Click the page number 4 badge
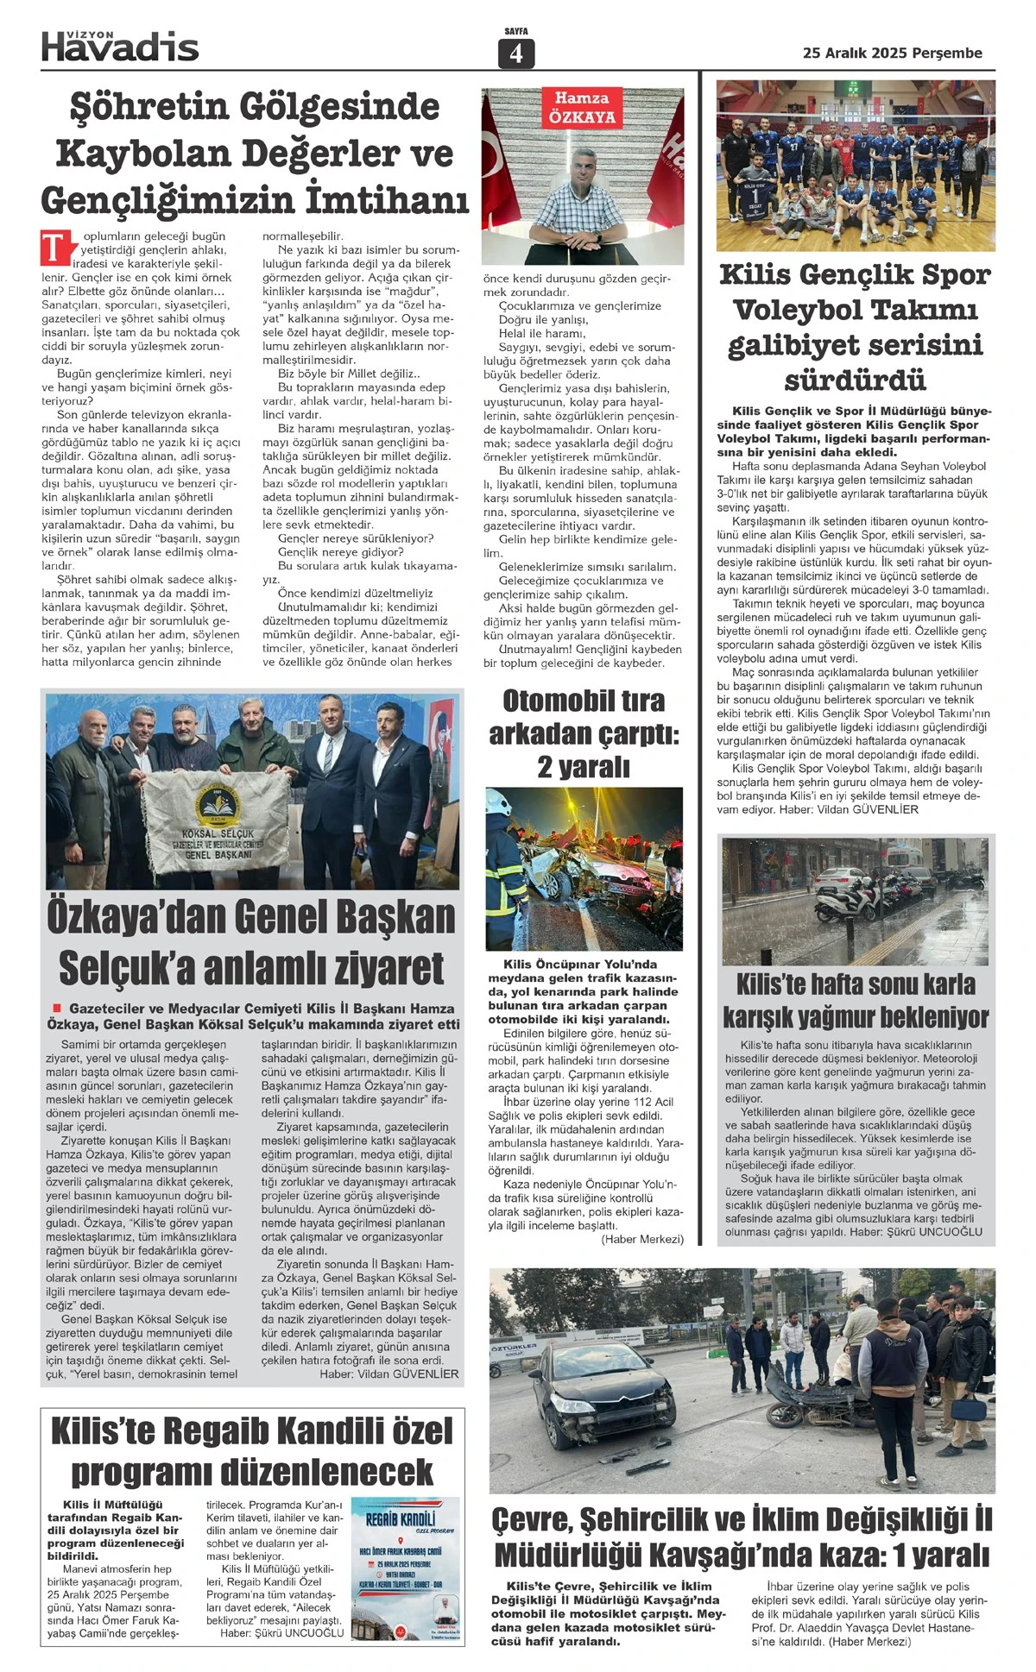516,53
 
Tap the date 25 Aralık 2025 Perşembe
892,53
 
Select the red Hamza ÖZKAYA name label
582,108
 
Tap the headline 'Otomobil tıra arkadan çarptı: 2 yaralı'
584,732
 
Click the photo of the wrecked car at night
584,868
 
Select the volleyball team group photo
855,166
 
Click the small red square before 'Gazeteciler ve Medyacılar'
57,1008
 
